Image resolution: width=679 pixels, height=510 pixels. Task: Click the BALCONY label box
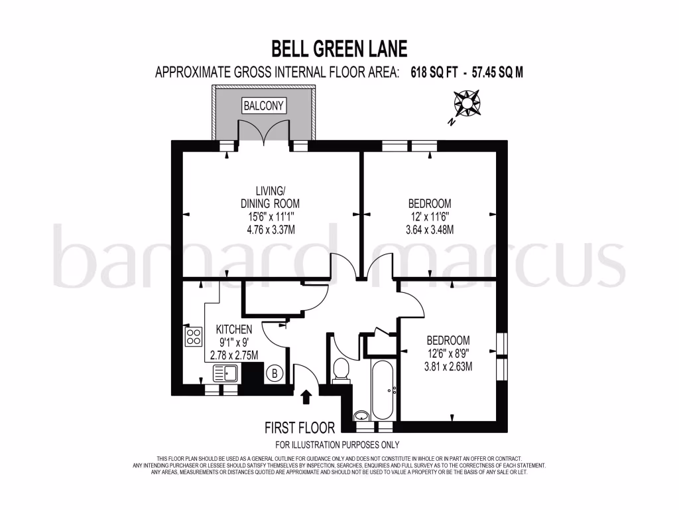tap(263, 106)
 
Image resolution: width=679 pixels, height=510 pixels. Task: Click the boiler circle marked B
tap(274, 374)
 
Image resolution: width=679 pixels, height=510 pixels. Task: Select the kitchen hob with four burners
tap(194, 337)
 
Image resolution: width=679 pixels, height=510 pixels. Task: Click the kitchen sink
tap(225, 373)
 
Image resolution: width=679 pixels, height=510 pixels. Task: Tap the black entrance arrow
tap(306, 396)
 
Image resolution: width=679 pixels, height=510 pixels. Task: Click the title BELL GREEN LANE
tap(339, 48)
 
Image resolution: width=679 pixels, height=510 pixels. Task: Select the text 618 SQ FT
tap(432, 72)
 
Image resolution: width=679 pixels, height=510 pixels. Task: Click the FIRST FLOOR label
tap(300, 428)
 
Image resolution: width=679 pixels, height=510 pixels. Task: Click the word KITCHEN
tap(234, 329)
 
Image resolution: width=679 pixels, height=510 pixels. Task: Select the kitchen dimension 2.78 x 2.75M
tap(234, 355)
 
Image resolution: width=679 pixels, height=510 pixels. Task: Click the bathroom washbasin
tap(361, 416)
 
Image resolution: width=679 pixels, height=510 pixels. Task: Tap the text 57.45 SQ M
tap(497, 72)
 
